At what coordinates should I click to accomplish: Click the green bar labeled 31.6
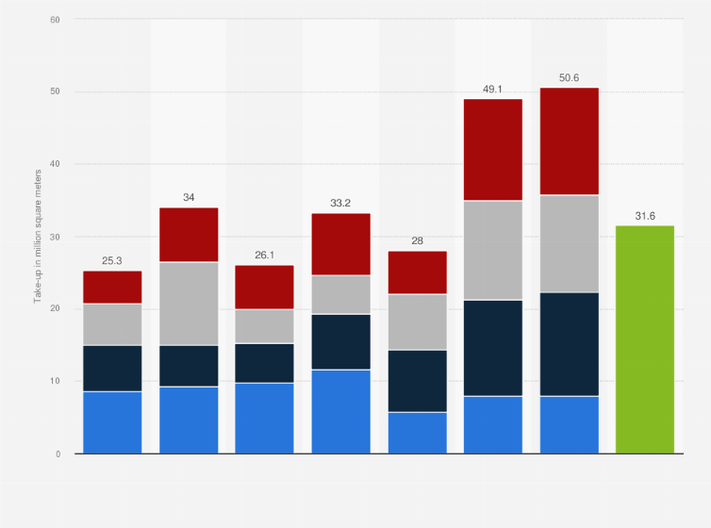click(x=645, y=339)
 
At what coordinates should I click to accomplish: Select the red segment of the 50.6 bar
click(x=569, y=141)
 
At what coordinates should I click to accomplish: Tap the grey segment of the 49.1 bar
click(x=493, y=250)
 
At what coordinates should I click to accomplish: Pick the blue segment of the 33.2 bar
click(x=341, y=411)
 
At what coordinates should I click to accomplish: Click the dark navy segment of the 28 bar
click(x=418, y=381)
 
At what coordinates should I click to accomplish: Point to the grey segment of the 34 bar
click(x=189, y=304)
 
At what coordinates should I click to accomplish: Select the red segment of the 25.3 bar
click(x=112, y=287)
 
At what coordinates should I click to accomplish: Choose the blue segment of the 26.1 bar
click(x=265, y=418)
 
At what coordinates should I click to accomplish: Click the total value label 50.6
click(x=569, y=77)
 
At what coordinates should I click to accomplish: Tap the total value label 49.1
click(x=493, y=89)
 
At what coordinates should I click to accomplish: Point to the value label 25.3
click(x=112, y=261)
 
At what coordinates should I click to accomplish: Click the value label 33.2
click(x=341, y=204)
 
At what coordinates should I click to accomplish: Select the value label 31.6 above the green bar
click(x=645, y=216)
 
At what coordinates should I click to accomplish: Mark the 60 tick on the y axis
click(x=55, y=19)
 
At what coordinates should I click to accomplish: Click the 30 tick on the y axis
click(x=55, y=237)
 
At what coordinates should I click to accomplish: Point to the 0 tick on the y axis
click(x=58, y=454)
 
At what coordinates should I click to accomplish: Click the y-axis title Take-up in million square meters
click(x=38, y=236)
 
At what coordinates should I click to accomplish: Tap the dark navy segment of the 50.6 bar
click(x=569, y=344)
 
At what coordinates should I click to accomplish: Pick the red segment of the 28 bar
click(x=418, y=272)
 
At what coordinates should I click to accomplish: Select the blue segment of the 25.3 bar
click(x=112, y=422)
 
